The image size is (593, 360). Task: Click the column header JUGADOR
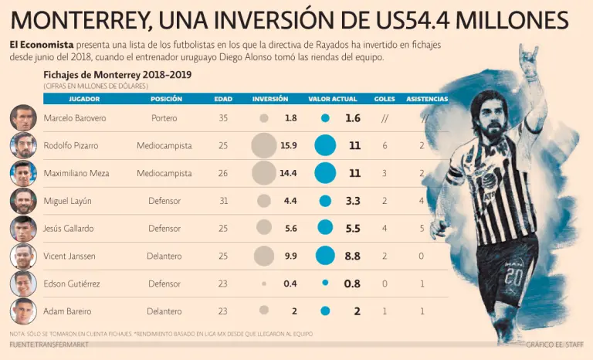[84, 100]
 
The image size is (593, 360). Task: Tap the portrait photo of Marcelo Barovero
[23, 118]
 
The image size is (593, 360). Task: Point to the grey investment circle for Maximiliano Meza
[263, 173]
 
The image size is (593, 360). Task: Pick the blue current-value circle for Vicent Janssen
[325, 256]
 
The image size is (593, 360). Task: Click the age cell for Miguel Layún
[223, 201]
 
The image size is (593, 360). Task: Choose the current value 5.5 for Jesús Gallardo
[352, 229]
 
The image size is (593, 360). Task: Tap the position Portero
[164, 118]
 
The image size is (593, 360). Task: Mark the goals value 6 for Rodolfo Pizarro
[385, 146]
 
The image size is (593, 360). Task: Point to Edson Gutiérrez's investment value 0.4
[290, 284]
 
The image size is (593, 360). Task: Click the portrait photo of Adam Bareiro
[23, 311]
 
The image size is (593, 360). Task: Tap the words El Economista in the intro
[42, 46]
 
